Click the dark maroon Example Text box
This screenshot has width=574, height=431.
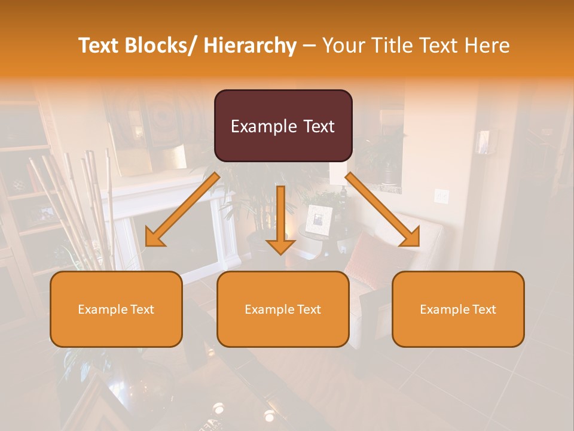[x=283, y=126]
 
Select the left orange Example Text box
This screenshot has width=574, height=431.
[x=116, y=309]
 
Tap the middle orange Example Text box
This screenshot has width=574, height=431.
[x=283, y=309]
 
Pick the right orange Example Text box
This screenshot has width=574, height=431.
[x=458, y=309]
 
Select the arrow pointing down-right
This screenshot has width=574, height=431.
[x=383, y=210]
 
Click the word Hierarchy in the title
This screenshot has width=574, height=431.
[x=250, y=45]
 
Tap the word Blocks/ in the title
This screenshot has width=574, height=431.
[x=166, y=45]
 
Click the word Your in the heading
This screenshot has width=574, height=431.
[x=343, y=45]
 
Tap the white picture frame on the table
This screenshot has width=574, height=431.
[x=318, y=220]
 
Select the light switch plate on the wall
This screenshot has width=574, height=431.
[x=441, y=195]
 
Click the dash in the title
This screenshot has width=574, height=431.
[x=309, y=45]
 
